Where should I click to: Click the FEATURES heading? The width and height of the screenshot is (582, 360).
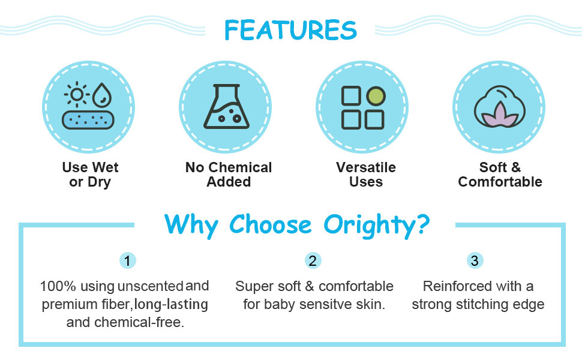click(290, 30)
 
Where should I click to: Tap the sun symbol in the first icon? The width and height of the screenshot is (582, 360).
click(77, 95)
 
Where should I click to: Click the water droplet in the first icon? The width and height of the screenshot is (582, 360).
click(102, 94)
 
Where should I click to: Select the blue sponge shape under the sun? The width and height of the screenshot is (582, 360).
click(88, 120)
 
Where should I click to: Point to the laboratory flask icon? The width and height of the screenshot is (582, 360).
click(226, 107)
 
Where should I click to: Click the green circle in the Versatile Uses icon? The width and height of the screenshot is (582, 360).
click(376, 96)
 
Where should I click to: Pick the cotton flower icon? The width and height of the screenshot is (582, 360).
click(500, 107)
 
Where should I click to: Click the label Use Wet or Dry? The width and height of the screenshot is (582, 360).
click(90, 175)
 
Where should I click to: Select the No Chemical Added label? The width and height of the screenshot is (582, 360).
click(229, 175)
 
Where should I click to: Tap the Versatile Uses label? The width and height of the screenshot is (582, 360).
click(366, 175)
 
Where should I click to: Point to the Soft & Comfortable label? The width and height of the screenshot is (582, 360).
click(500, 175)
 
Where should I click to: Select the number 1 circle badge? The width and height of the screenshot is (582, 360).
click(127, 260)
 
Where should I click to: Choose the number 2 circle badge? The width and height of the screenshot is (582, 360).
click(313, 260)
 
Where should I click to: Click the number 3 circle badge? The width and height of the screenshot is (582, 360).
click(475, 260)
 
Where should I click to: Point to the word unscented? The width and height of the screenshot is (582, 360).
click(151, 286)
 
